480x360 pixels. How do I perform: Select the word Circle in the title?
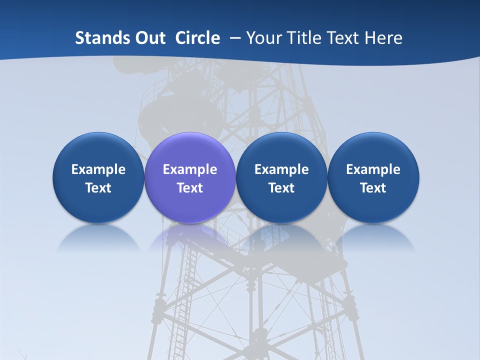(x=197, y=38)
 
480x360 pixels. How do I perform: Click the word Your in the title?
(x=263, y=38)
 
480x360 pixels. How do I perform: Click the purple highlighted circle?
(x=190, y=177)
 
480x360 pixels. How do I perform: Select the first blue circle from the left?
(x=98, y=177)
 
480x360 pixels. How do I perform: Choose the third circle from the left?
(x=281, y=177)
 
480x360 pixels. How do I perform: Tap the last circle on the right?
(x=373, y=177)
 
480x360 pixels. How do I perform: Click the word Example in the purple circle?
(x=190, y=169)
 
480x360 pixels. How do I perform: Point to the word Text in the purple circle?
(x=190, y=188)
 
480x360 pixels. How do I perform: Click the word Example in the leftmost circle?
(x=98, y=169)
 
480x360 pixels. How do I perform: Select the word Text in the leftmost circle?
(x=98, y=188)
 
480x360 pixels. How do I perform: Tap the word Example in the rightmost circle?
(x=373, y=169)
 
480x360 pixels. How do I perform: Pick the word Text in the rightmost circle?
(x=373, y=188)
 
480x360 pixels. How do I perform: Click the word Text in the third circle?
(x=281, y=188)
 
